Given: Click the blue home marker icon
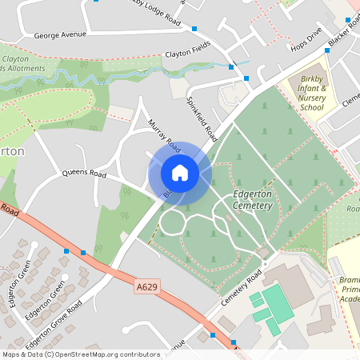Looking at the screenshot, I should point(180,173).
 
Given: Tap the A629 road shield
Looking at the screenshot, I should point(146,285).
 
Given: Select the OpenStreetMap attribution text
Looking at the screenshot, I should point(81,354).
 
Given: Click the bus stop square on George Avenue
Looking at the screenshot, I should point(194,29).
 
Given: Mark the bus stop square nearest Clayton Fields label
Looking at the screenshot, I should point(231,66).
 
